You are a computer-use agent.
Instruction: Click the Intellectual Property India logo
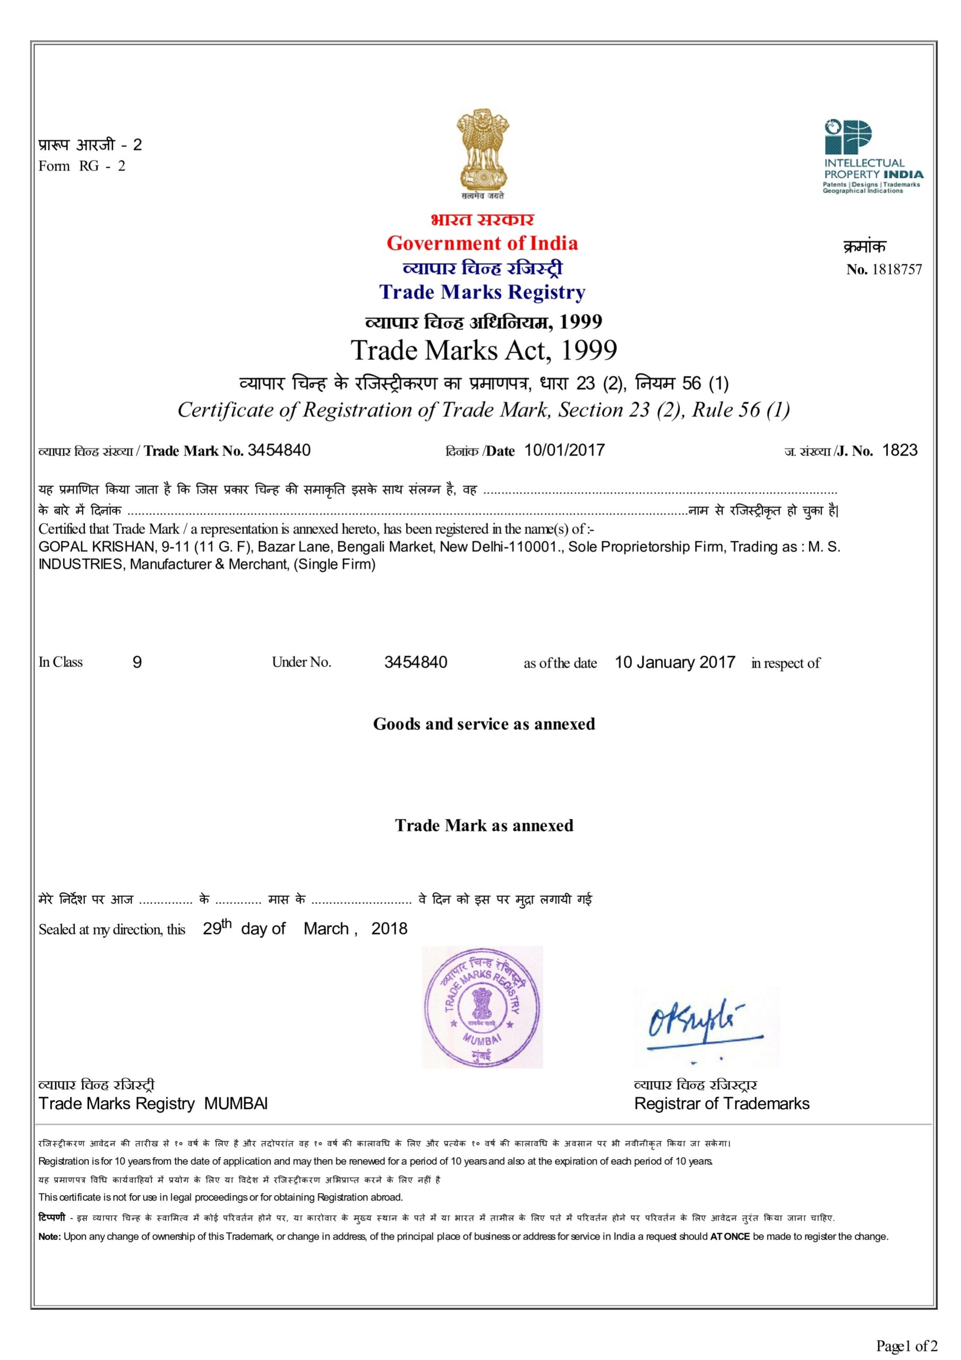coord(872,156)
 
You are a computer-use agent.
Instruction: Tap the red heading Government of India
coord(482,243)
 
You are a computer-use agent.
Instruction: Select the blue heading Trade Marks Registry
coord(482,292)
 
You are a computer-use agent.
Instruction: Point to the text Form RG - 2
coord(82,166)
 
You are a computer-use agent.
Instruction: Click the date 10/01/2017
coord(564,450)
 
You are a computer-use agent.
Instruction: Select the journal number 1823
coord(899,450)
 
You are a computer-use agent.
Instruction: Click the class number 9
coord(138,662)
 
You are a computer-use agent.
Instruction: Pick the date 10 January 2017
coord(675,662)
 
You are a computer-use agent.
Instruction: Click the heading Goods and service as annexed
coord(484,724)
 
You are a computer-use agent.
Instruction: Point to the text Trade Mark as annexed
coord(484,825)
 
